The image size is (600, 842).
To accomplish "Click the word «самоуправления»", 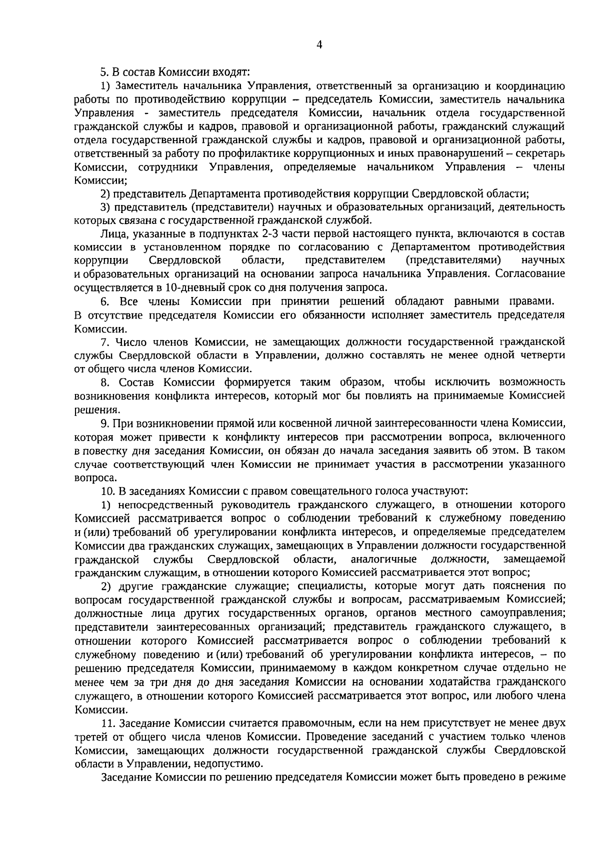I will [529, 613].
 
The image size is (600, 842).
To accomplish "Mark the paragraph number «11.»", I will [107, 723].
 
